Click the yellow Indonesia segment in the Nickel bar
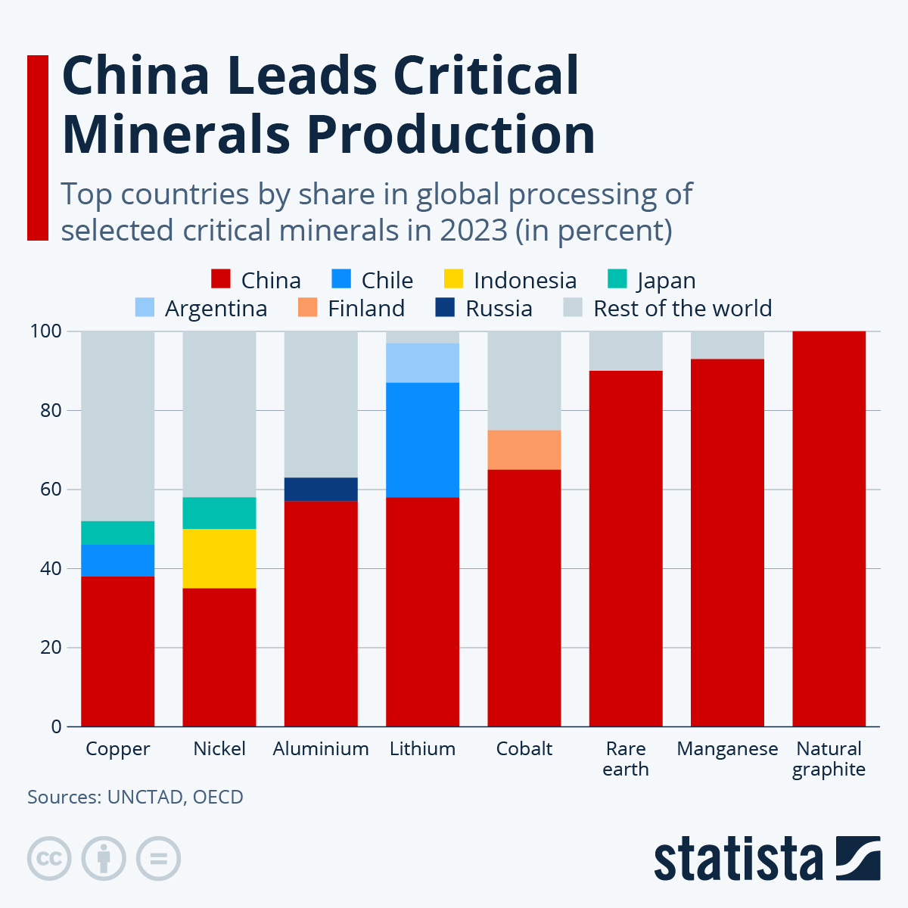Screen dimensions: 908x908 [x=219, y=558]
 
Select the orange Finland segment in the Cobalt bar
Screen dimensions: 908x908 [x=524, y=449]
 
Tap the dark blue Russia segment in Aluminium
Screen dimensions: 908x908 [x=321, y=489]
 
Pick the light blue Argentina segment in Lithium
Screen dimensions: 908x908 [x=422, y=363]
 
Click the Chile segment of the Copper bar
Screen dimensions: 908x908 [x=118, y=560]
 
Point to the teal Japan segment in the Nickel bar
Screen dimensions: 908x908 [x=219, y=512]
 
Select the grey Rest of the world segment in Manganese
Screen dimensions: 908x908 [x=727, y=345]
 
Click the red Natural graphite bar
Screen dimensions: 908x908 [x=829, y=530]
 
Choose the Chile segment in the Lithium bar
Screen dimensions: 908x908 [x=422, y=440]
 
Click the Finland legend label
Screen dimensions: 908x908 [x=366, y=309]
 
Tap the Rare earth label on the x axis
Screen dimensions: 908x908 [x=626, y=759]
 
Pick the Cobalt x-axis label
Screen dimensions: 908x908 [x=524, y=749]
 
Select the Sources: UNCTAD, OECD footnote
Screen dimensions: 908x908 [x=135, y=797]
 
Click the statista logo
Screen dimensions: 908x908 [x=767, y=859]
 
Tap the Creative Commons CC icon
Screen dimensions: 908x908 [x=49, y=859]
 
